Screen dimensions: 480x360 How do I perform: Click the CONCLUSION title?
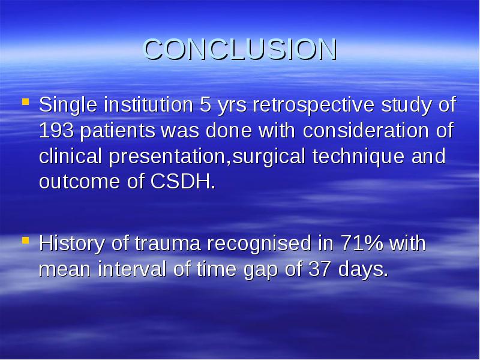(241, 49)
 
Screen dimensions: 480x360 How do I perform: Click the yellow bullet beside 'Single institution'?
(26, 101)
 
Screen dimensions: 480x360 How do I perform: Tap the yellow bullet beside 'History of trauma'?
(26, 241)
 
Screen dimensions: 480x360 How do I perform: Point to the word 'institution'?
(148, 104)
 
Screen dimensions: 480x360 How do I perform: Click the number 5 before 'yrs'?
(205, 104)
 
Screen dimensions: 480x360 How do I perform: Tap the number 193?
(56, 131)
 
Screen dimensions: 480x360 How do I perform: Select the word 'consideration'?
(366, 130)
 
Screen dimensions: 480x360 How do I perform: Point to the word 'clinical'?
(70, 156)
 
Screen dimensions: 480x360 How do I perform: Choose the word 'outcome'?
(79, 182)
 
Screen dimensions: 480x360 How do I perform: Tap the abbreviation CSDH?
(183, 182)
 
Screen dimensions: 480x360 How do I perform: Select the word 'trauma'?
(168, 244)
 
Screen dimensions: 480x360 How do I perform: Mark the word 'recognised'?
(259, 244)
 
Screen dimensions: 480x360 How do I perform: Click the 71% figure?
(362, 244)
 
